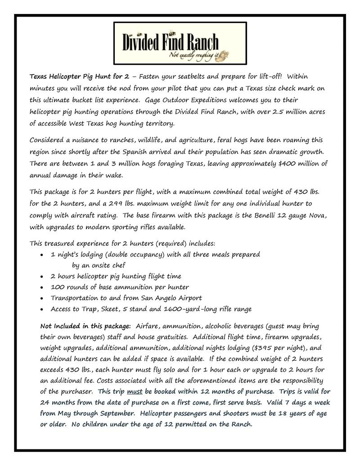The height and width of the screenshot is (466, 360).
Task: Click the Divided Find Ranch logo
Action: tap(180, 43)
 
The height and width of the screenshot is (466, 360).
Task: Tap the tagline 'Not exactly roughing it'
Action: tap(195, 55)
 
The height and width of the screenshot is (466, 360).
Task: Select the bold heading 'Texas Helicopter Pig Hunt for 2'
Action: tap(73, 77)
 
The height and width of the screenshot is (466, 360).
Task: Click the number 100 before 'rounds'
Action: tap(58, 287)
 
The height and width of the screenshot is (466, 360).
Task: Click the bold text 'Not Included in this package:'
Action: tap(85, 326)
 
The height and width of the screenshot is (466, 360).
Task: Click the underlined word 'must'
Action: tap(135, 391)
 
